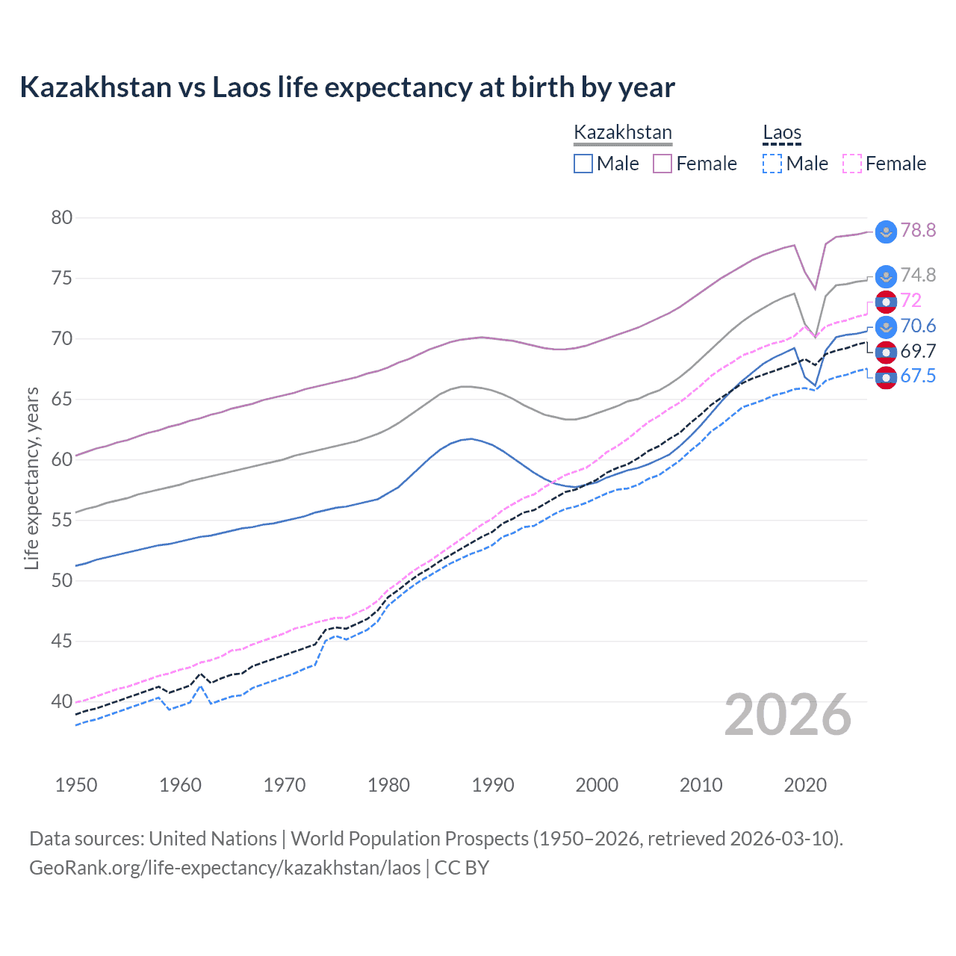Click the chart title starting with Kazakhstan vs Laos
click(x=347, y=87)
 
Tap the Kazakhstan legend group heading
click(x=623, y=133)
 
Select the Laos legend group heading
click(x=781, y=133)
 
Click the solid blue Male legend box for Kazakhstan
click(x=583, y=164)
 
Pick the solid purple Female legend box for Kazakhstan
click(x=662, y=164)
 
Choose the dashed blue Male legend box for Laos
click(x=772, y=164)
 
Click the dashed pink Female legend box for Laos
click(x=852, y=164)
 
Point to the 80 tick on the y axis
click(x=62, y=218)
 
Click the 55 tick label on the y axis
click(x=62, y=520)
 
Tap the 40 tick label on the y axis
click(x=62, y=701)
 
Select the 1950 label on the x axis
click(x=76, y=785)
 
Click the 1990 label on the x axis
click(x=493, y=785)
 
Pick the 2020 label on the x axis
click(x=805, y=785)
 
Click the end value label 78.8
click(x=918, y=231)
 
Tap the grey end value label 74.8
click(x=918, y=276)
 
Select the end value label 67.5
click(x=918, y=376)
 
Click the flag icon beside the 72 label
click(x=886, y=302)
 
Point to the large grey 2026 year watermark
click(x=788, y=716)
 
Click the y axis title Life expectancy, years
click(x=31, y=478)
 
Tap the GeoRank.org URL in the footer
click(x=225, y=868)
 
